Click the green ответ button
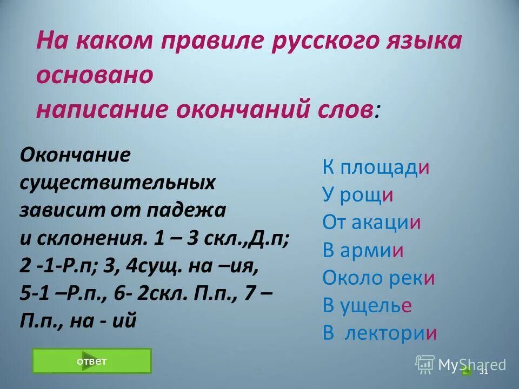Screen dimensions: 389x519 [x=92, y=361]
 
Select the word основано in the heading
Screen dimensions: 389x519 [x=95, y=75]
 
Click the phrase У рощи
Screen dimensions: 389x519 [x=357, y=194]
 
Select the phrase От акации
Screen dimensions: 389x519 [x=371, y=223]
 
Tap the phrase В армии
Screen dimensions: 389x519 [x=363, y=250]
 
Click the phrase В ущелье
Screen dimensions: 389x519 [x=368, y=306]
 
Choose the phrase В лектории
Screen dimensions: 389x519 [x=380, y=333]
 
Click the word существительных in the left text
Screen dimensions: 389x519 [x=117, y=183]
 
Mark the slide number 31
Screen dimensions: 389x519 [x=483, y=371]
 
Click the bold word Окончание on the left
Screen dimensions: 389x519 [x=75, y=155]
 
